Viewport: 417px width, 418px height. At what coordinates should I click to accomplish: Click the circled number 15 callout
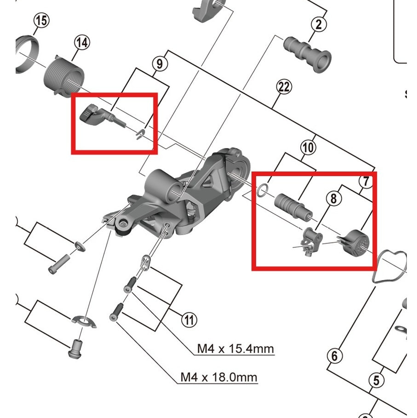pos(41,21)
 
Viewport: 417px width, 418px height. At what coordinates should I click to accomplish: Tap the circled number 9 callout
pos(159,63)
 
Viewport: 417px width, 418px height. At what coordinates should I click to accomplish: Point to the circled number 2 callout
pos(319,24)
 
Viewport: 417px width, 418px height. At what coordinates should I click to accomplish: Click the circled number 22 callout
pos(285,87)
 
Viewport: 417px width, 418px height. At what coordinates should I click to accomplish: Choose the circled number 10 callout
pos(308,147)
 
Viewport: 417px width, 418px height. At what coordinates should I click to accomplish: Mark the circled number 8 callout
pos(334,198)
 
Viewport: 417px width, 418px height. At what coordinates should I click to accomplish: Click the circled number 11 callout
pos(189,319)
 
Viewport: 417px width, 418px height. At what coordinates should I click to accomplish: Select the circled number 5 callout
pos(377,380)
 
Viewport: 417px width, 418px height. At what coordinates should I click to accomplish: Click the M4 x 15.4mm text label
pos(235,349)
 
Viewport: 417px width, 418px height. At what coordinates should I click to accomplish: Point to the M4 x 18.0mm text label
pos(218,378)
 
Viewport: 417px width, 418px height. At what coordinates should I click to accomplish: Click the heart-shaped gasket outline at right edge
pos(391,264)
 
